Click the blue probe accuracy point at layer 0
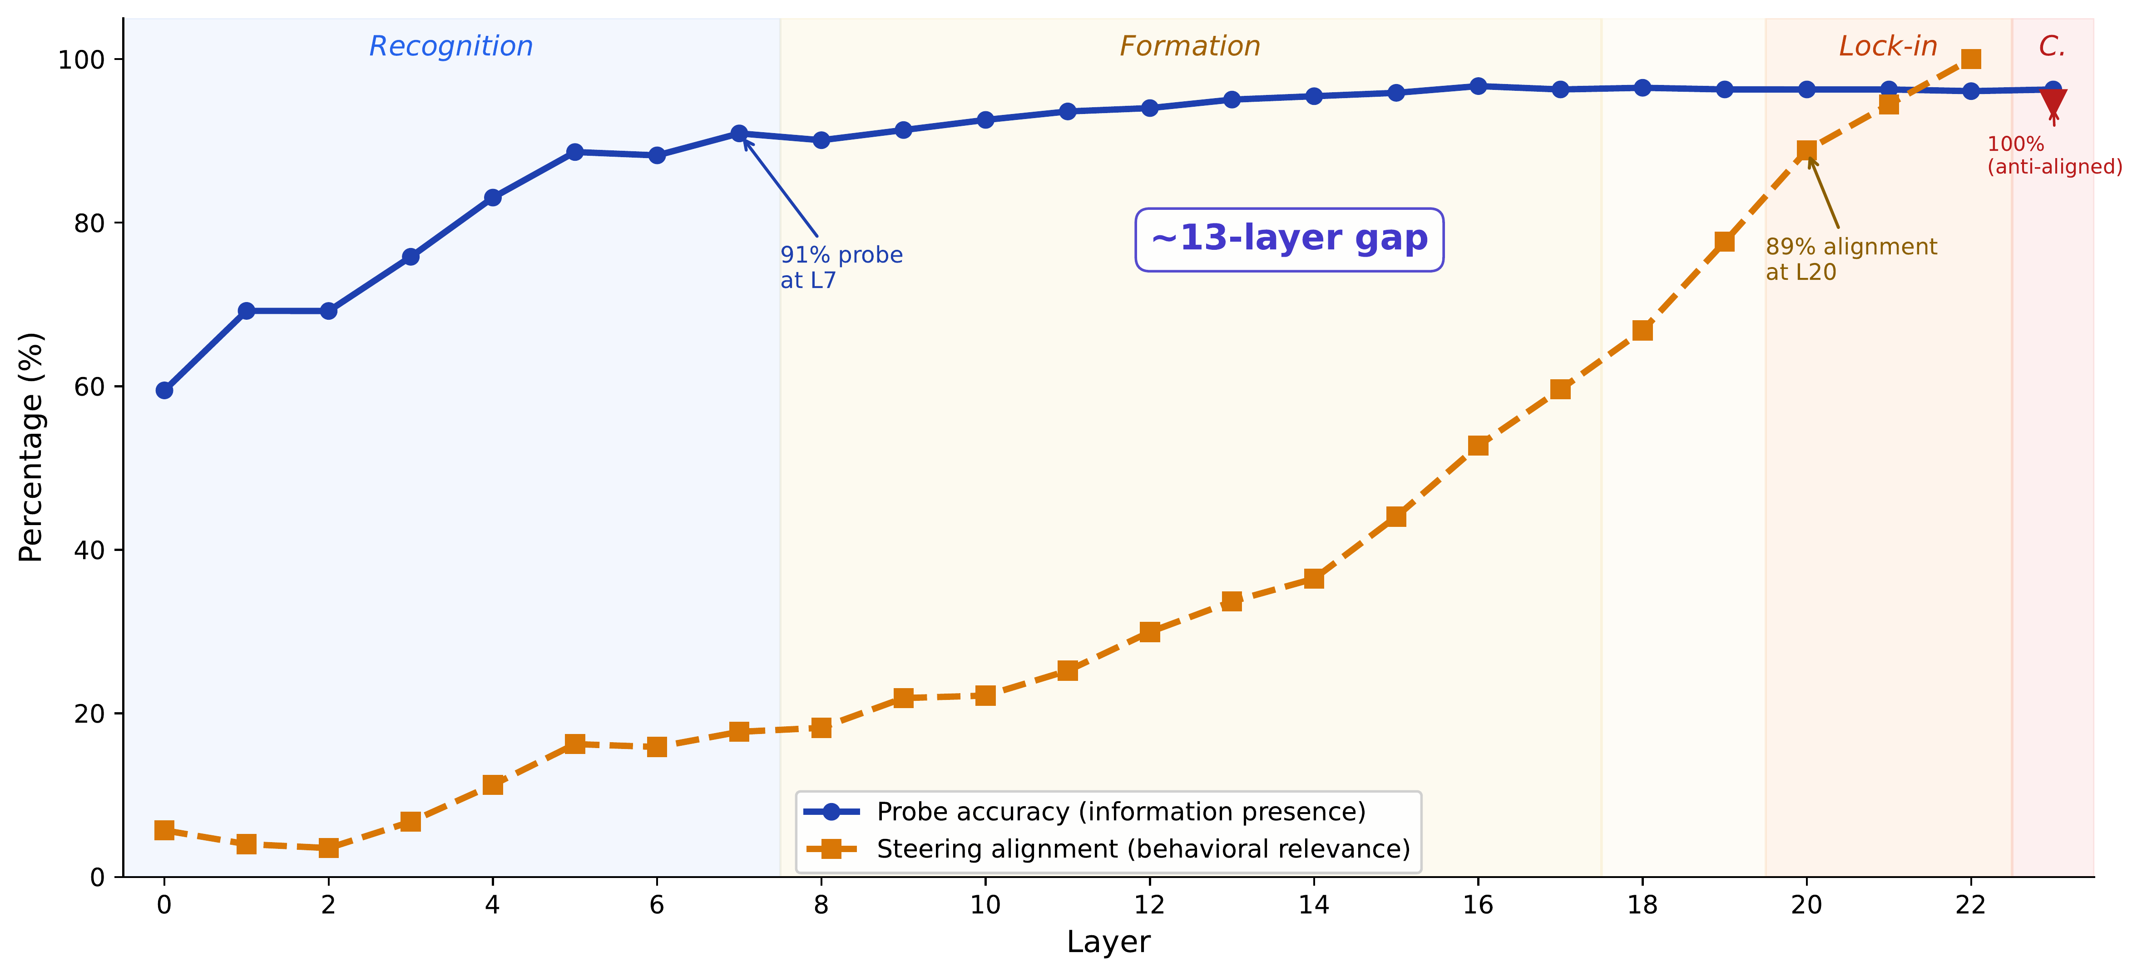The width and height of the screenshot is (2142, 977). pyautogui.click(x=165, y=390)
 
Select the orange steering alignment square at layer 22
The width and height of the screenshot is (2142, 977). pyautogui.click(x=1971, y=59)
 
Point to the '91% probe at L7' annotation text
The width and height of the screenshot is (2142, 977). pyautogui.click(x=841, y=267)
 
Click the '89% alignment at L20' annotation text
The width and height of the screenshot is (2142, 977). pyautogui.click(x=1851, y=258)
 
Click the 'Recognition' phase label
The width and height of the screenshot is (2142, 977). pyautogui.click(x=450, y=47)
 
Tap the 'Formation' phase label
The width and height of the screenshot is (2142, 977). pyautogui.click(x=1189, y=47)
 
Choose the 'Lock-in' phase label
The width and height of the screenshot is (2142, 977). pyautogui.click(x=1888, y=47)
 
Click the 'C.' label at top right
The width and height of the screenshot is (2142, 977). pyautogui.click(x=2051, y=47)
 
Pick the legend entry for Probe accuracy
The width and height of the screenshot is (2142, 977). pyautogui.click(x=1120, y=812)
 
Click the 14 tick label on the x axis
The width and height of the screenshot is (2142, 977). pyautogui.click(x=1314, y=905)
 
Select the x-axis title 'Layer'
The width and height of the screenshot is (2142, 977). pyautogui.click(x=1108, y=942)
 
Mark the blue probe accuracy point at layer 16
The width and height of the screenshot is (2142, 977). pyautogui.click(x=1478, y=86)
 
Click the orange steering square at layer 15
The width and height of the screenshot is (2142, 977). pyautogui.click(x=1396, y=516)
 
